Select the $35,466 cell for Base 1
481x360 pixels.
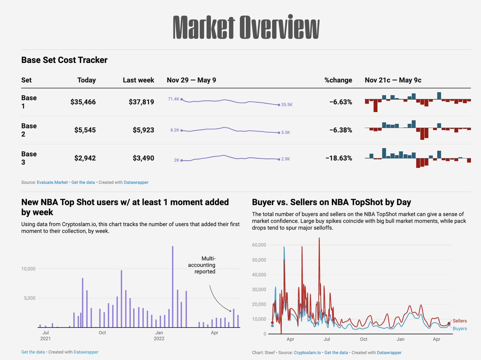(x=83, y=102)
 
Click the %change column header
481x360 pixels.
(x=338, y=80)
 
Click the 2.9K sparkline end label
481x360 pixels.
(x=285, y=159)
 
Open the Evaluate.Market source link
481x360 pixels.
(x=52, y=182)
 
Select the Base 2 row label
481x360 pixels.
(x=29, y=130)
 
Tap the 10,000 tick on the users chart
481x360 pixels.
(x=28, y=269)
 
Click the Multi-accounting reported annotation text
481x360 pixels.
(x=205, y=265)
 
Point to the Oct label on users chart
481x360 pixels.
(x=102, y=333)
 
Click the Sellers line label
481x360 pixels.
(x=459, y=321)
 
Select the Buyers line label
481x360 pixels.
(x=459, y=328)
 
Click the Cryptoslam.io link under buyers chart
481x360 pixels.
(x=307, y=352)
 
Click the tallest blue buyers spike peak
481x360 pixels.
(x=284, y=247)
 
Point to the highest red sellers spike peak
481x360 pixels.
(x=319, y=239)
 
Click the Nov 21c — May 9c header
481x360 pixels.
(x=393, y=80)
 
